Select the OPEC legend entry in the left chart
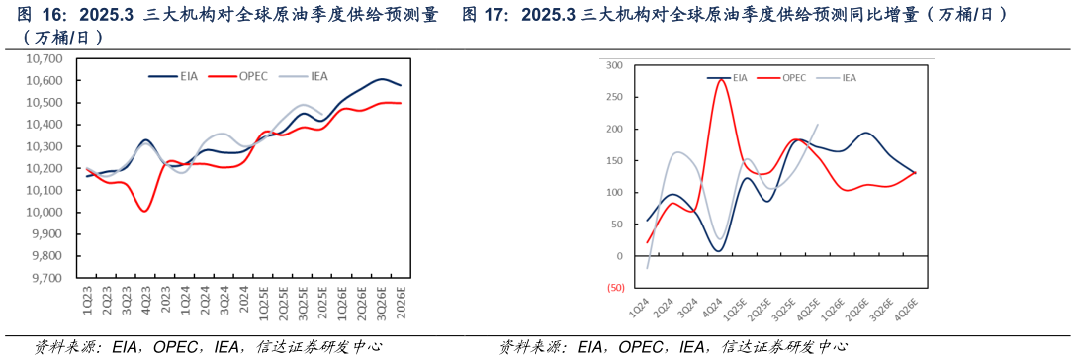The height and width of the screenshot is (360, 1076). pos(253,76)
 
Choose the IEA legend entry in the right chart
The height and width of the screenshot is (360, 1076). pos(848,77)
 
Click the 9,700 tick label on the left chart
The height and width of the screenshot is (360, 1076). pos(44,278)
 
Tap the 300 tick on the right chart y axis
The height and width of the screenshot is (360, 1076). pos(614,65)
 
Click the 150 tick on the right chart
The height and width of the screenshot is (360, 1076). pos(614,161)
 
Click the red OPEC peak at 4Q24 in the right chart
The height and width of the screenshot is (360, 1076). pos(720,79)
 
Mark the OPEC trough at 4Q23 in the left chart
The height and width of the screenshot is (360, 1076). pos(145,211)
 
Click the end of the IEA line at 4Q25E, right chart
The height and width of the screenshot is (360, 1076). pos(818,124)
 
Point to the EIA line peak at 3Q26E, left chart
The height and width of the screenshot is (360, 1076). pos(382,78)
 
